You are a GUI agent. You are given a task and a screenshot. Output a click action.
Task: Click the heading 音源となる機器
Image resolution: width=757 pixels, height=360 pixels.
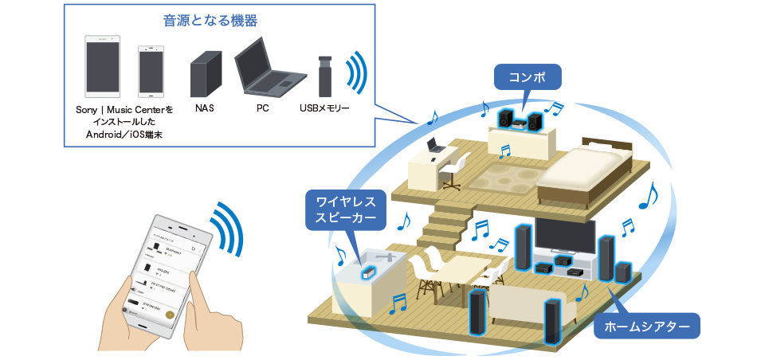pos(218,22)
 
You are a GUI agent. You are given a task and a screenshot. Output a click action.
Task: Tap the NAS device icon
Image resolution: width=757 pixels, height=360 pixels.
pos(204,74)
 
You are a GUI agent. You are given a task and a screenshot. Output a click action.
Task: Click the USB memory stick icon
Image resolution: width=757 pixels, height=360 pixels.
pos(324,76)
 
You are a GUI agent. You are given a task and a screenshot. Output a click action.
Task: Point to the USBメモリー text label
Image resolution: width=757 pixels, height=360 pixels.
pos(324,107)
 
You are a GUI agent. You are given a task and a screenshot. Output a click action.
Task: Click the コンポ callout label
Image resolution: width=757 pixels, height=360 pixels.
pos(528,77)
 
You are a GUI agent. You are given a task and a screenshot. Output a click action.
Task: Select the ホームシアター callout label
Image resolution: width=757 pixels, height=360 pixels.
pos(646,326)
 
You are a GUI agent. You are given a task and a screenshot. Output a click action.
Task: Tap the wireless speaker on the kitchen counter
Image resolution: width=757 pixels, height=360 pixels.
pos(367,273)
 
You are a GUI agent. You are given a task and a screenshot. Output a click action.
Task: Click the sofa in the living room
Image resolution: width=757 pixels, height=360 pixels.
pos(526,306)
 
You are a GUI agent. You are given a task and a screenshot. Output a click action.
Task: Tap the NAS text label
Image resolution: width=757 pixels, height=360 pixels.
pos(204,107)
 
